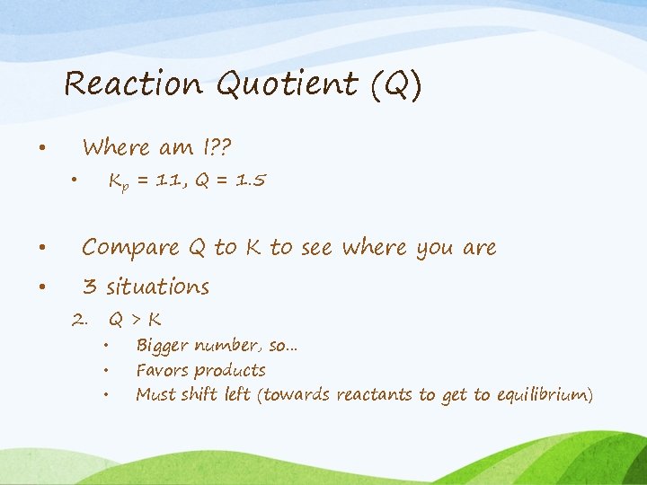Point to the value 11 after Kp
[163, 181]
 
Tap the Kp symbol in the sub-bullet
[117, 182]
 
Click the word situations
[157, 287]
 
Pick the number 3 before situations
[89, 287]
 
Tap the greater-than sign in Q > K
[135, 319]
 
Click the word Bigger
[162, 346]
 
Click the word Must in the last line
[155, 394]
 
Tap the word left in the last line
[237, 394]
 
